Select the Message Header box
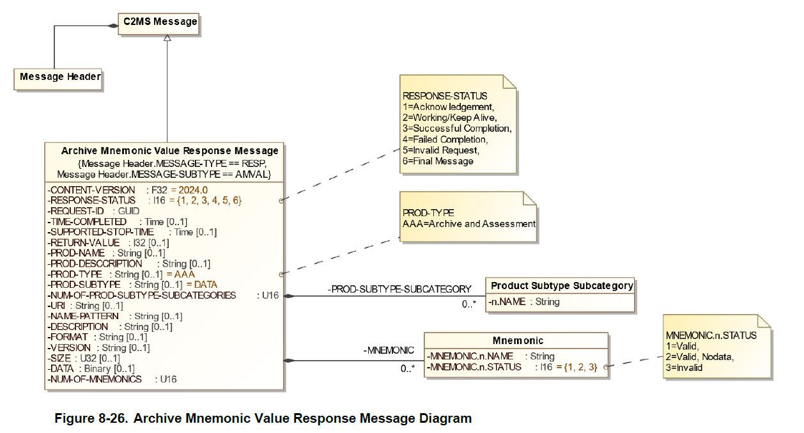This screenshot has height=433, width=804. coord(60,77)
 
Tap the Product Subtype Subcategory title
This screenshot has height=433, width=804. coord(562,286)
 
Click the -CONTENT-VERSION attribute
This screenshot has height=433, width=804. coord(91,190)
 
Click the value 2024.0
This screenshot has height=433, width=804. coord(194,190)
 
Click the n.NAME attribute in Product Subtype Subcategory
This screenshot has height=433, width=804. coord(523,301)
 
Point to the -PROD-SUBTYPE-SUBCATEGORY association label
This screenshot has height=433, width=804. coord(399,289)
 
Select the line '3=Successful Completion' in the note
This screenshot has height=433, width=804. coord(457,129)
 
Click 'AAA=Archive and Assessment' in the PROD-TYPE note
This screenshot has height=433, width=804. coord(468,224)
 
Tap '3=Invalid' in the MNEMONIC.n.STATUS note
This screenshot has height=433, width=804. coord(684,367)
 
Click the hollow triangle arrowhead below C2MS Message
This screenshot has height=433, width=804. coord(167,38)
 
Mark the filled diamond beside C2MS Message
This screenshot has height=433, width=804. coord(113,26)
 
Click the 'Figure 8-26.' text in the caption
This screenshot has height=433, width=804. coord(91,419)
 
